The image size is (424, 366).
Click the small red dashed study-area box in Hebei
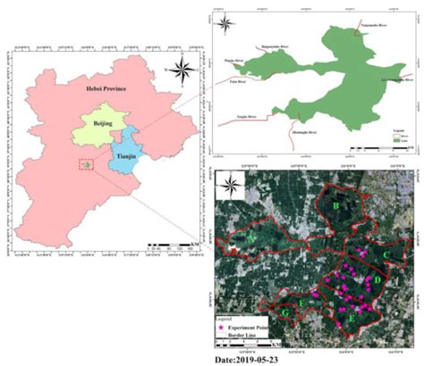coord(86,165)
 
